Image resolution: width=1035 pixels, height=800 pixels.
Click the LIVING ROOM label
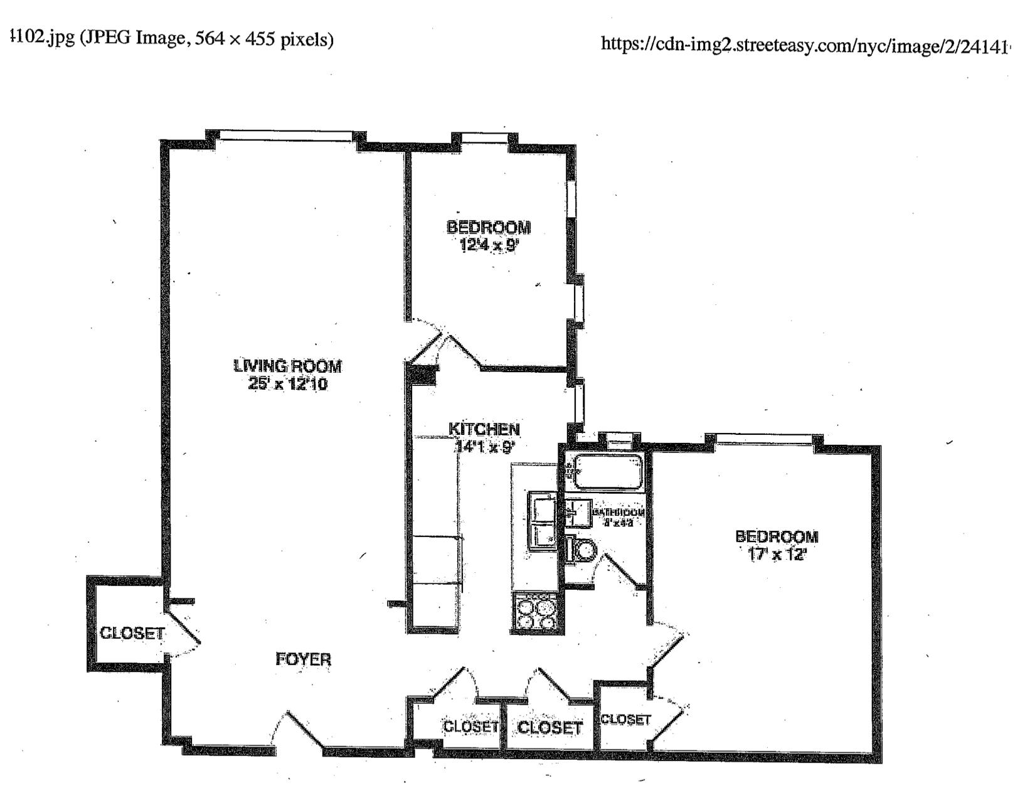(288, 366)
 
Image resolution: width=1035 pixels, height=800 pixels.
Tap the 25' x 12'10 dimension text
(288, 384)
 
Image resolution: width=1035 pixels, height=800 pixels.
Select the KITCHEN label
(484, 429)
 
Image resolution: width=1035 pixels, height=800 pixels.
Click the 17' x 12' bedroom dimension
(777, 555)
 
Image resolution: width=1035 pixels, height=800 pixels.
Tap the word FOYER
(304, 659)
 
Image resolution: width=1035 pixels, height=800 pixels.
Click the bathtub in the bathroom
(608, 472)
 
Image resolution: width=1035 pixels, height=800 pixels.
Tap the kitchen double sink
(542, 521)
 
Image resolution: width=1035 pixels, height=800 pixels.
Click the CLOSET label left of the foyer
(132, 633)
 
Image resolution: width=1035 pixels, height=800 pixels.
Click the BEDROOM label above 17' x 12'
(777, 536)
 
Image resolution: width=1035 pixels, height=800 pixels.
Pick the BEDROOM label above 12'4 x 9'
(489, 227)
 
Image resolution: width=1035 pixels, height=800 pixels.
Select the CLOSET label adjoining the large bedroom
(625, 720)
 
